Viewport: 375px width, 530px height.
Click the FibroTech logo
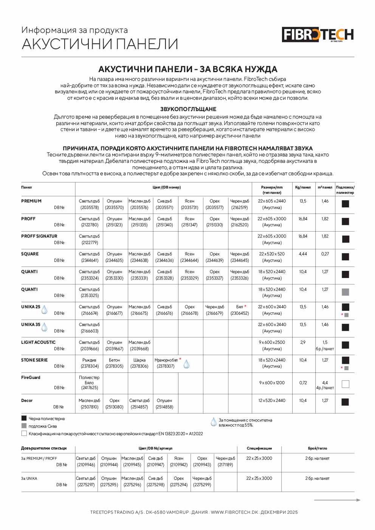(318, 35)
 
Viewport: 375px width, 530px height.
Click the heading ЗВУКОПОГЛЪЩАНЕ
(188, 109)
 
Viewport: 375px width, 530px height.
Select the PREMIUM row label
(31, 201)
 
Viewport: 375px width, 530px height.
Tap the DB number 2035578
(89, 207)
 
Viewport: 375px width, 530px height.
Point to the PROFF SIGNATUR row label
(39, 236)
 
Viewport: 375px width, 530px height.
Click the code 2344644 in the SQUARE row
(189, 260)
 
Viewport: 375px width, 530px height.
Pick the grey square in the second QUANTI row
(345, 292)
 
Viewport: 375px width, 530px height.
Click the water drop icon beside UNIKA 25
(45, 309)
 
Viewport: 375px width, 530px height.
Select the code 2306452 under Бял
(240, 313)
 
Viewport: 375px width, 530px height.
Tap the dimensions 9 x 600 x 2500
(272, 342)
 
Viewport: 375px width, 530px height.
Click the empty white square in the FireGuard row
(345, 384)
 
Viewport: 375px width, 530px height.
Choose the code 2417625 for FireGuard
(89, 388)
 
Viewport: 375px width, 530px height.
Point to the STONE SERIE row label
(34, 360)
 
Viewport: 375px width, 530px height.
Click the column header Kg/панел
(303, 187)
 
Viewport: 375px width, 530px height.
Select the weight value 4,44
(303, 254)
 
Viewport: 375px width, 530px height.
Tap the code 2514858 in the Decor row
(164, 407)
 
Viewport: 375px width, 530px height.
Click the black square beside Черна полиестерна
(24, 418)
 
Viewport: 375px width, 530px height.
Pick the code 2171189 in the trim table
(225, 465)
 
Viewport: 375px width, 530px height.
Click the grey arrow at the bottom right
(337, 500)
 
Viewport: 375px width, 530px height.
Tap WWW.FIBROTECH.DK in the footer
(234, 512)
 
